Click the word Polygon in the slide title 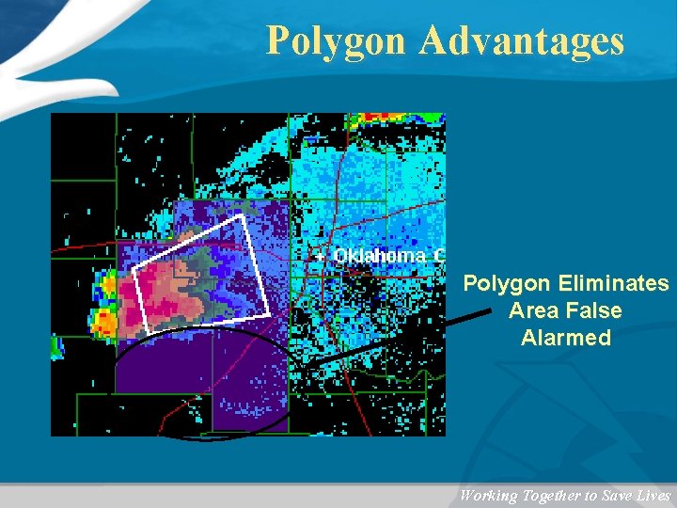335,41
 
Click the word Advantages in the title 522,41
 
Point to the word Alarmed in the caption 566,338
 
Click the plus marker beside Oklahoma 320,256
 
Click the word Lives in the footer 653,496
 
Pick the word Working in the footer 489,496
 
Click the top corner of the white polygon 242,215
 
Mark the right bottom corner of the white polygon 269,313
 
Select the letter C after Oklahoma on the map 438,256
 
